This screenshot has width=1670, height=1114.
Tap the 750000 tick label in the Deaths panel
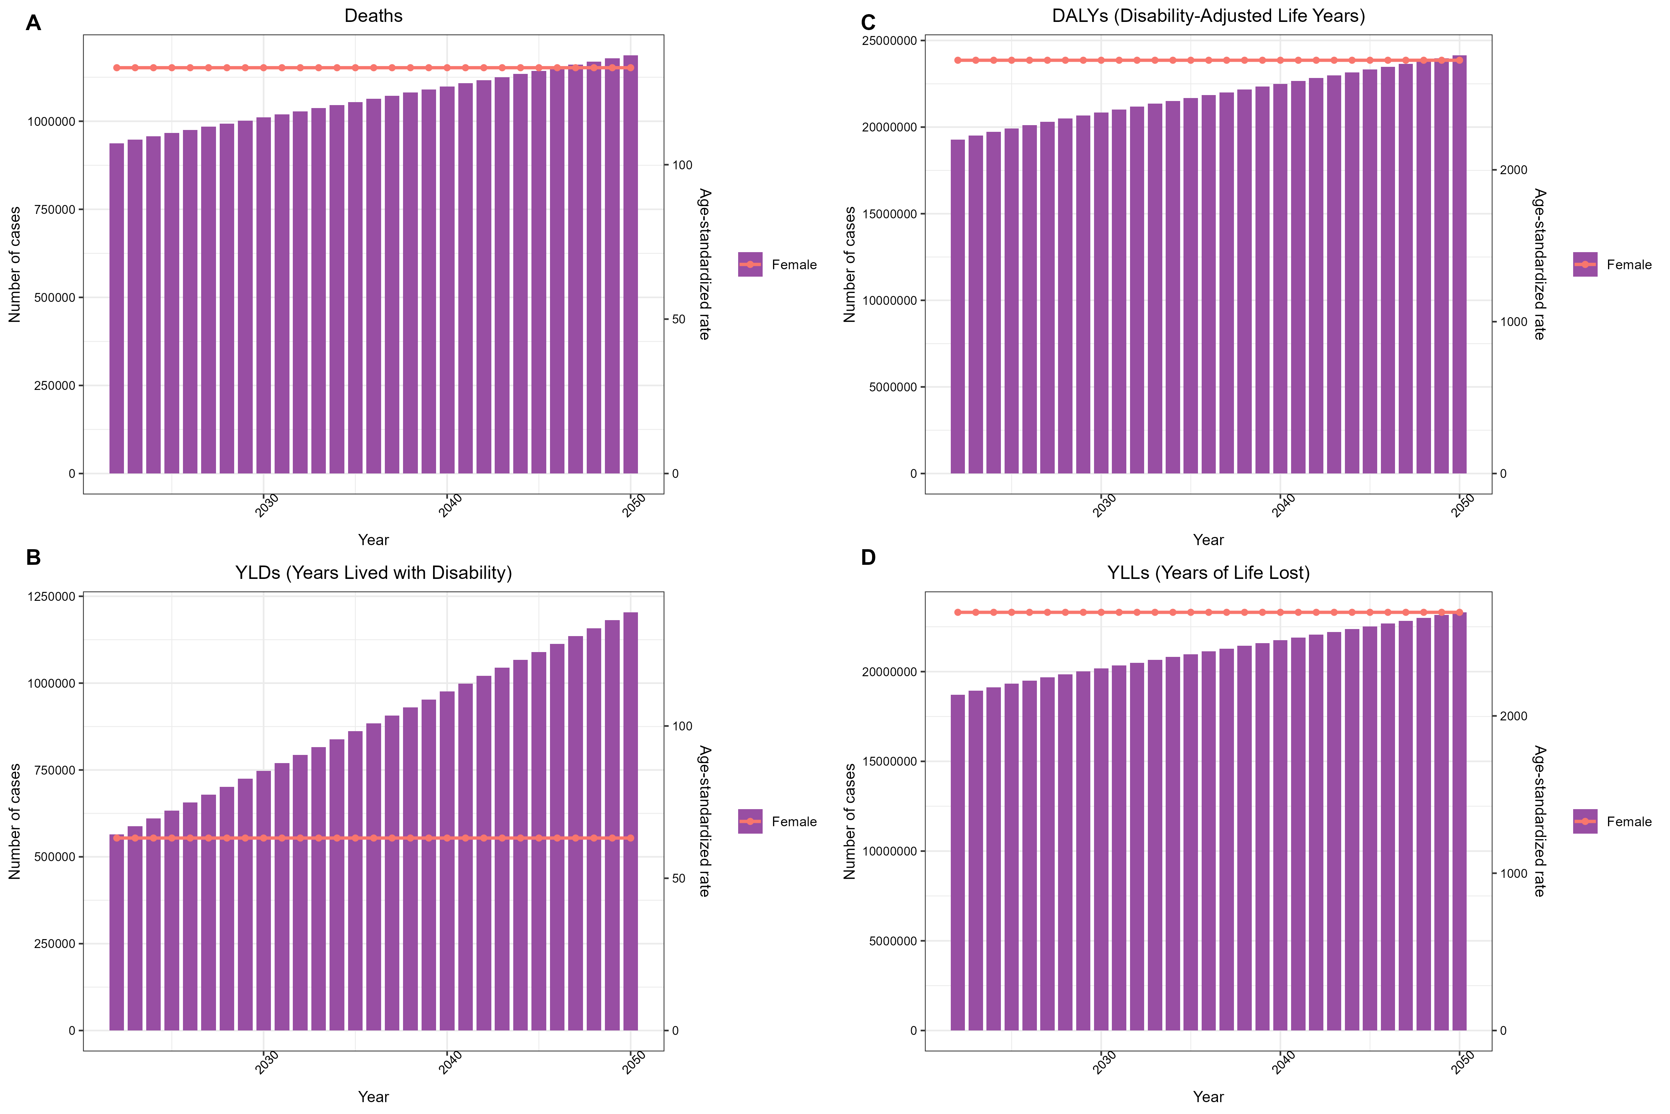(51, 209)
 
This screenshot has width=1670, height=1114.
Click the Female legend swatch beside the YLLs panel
(1585, 821)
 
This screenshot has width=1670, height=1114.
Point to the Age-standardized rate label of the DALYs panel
(1539, 264)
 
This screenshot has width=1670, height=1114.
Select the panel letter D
(868, 558)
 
